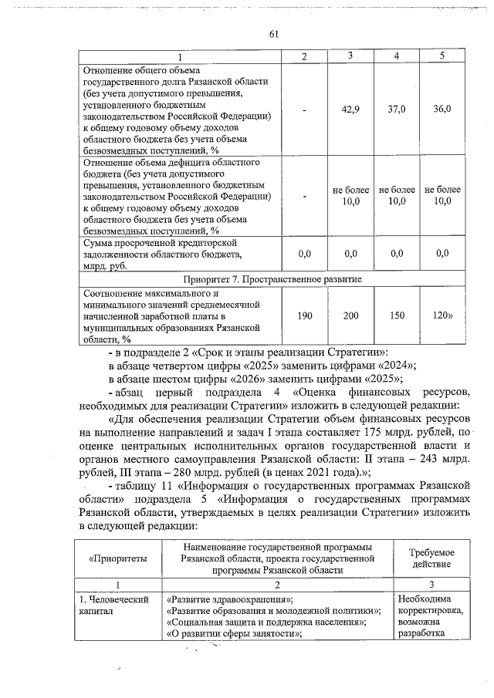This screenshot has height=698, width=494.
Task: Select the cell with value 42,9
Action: click(351, 110)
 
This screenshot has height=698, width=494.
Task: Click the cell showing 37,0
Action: click(397, 110)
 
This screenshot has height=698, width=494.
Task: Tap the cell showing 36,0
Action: click(442, 110)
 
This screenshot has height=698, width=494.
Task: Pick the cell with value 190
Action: click(305, 315)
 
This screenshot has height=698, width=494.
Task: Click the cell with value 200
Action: click(351, 315)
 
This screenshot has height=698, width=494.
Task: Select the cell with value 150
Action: click(397, 315)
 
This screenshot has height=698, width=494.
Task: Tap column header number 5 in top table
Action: click(442, 56)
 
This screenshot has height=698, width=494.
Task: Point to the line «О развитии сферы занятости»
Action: click(233, 633)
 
